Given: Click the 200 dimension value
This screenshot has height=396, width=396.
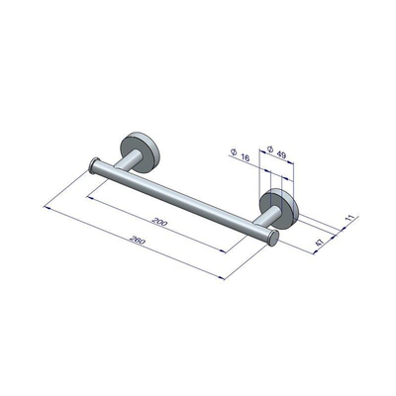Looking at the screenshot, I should point(160,223).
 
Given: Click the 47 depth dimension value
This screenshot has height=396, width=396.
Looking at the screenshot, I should point(320,242).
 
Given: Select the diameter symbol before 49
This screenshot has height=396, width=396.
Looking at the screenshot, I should point(268,149).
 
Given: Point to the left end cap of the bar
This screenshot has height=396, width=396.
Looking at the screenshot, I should point(93,164).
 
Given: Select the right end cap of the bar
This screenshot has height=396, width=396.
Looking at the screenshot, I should point(271,239).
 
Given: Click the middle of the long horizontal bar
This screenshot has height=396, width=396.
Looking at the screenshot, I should point(178,199).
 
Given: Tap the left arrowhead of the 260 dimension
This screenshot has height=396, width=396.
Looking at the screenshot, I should point(47,205).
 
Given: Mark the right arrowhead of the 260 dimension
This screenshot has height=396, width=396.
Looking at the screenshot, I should point(225,278).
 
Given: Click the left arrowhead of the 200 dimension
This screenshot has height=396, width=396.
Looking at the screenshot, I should point(90,197).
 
